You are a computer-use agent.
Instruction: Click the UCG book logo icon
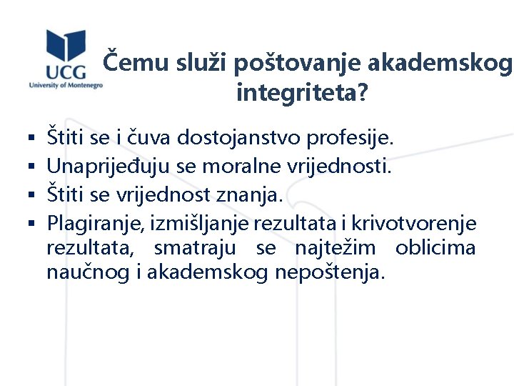click(66, 46)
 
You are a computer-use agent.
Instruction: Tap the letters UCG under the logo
click(66, 71)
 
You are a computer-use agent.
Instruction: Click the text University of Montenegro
click(66, 84)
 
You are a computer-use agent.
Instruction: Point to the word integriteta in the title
click(298, 93)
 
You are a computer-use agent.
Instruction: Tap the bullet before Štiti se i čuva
click(33, 136)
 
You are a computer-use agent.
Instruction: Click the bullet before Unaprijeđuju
click(33, 168)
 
